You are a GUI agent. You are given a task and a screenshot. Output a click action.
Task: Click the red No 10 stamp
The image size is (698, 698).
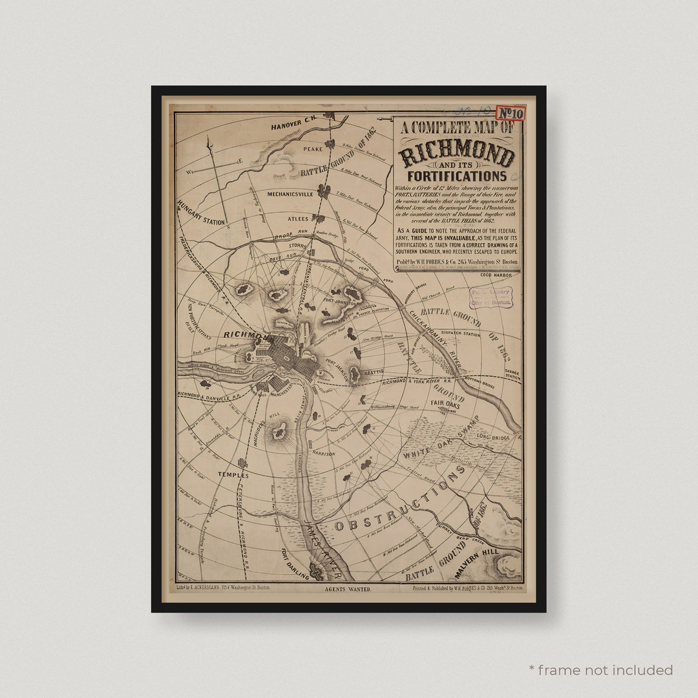tap(511, 113)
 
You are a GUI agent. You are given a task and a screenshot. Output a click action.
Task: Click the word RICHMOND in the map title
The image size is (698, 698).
tap(457, 156)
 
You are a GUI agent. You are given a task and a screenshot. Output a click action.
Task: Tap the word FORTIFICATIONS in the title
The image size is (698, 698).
tap(457, 176)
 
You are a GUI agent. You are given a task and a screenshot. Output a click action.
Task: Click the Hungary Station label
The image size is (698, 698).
tap(200, 213)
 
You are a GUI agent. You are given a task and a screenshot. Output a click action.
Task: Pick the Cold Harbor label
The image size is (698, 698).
tap(496, 275)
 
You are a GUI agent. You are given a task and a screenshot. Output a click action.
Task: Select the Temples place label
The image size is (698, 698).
tap(233, 474)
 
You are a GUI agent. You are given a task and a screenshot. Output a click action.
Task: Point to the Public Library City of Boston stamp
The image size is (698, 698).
tap(491, 297)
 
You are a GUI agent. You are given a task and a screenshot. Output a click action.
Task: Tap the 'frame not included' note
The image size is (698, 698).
tap(602, 670)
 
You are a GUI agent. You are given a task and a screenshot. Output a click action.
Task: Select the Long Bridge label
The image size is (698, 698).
tap(494, 438)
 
